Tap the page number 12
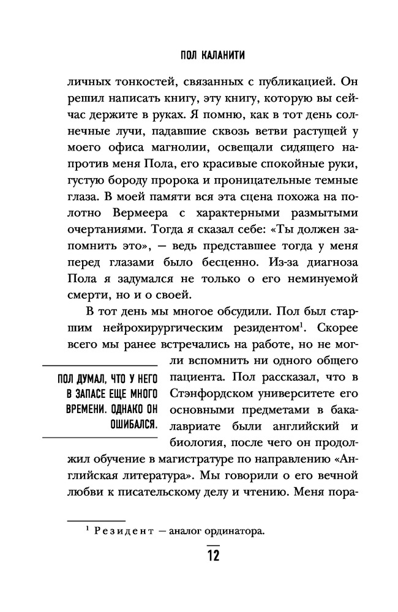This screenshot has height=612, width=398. [212, 556]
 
